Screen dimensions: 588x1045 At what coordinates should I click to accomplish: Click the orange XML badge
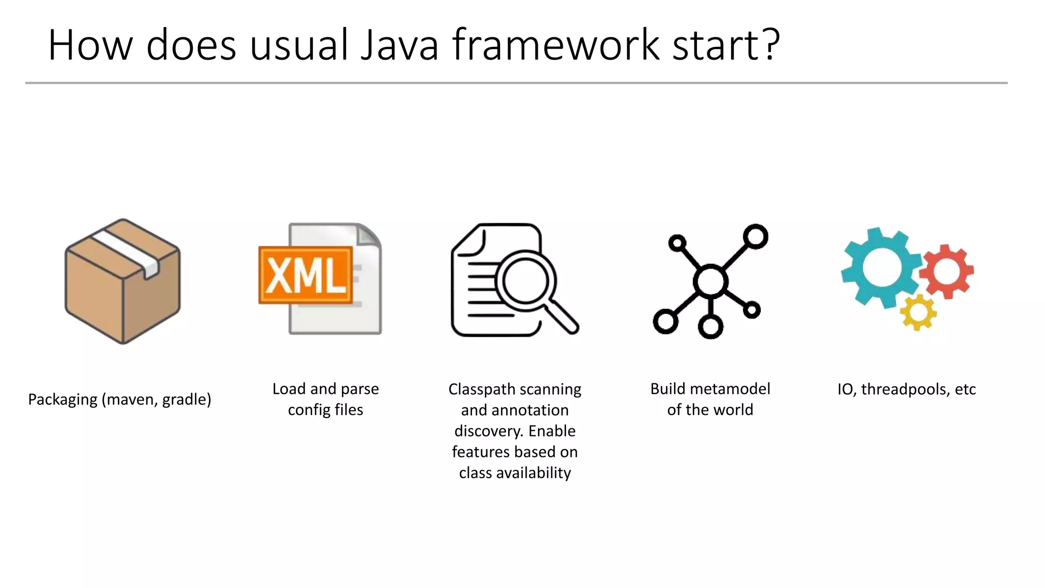click(x=306, y=275)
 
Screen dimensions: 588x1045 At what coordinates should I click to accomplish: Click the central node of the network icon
click(x=710, y=281)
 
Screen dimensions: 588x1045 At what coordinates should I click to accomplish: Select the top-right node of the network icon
click(x=755, y=236)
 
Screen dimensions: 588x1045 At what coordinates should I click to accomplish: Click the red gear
click(x=947, y=271)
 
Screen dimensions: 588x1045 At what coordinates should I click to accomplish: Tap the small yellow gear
click(x=918, y=312)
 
